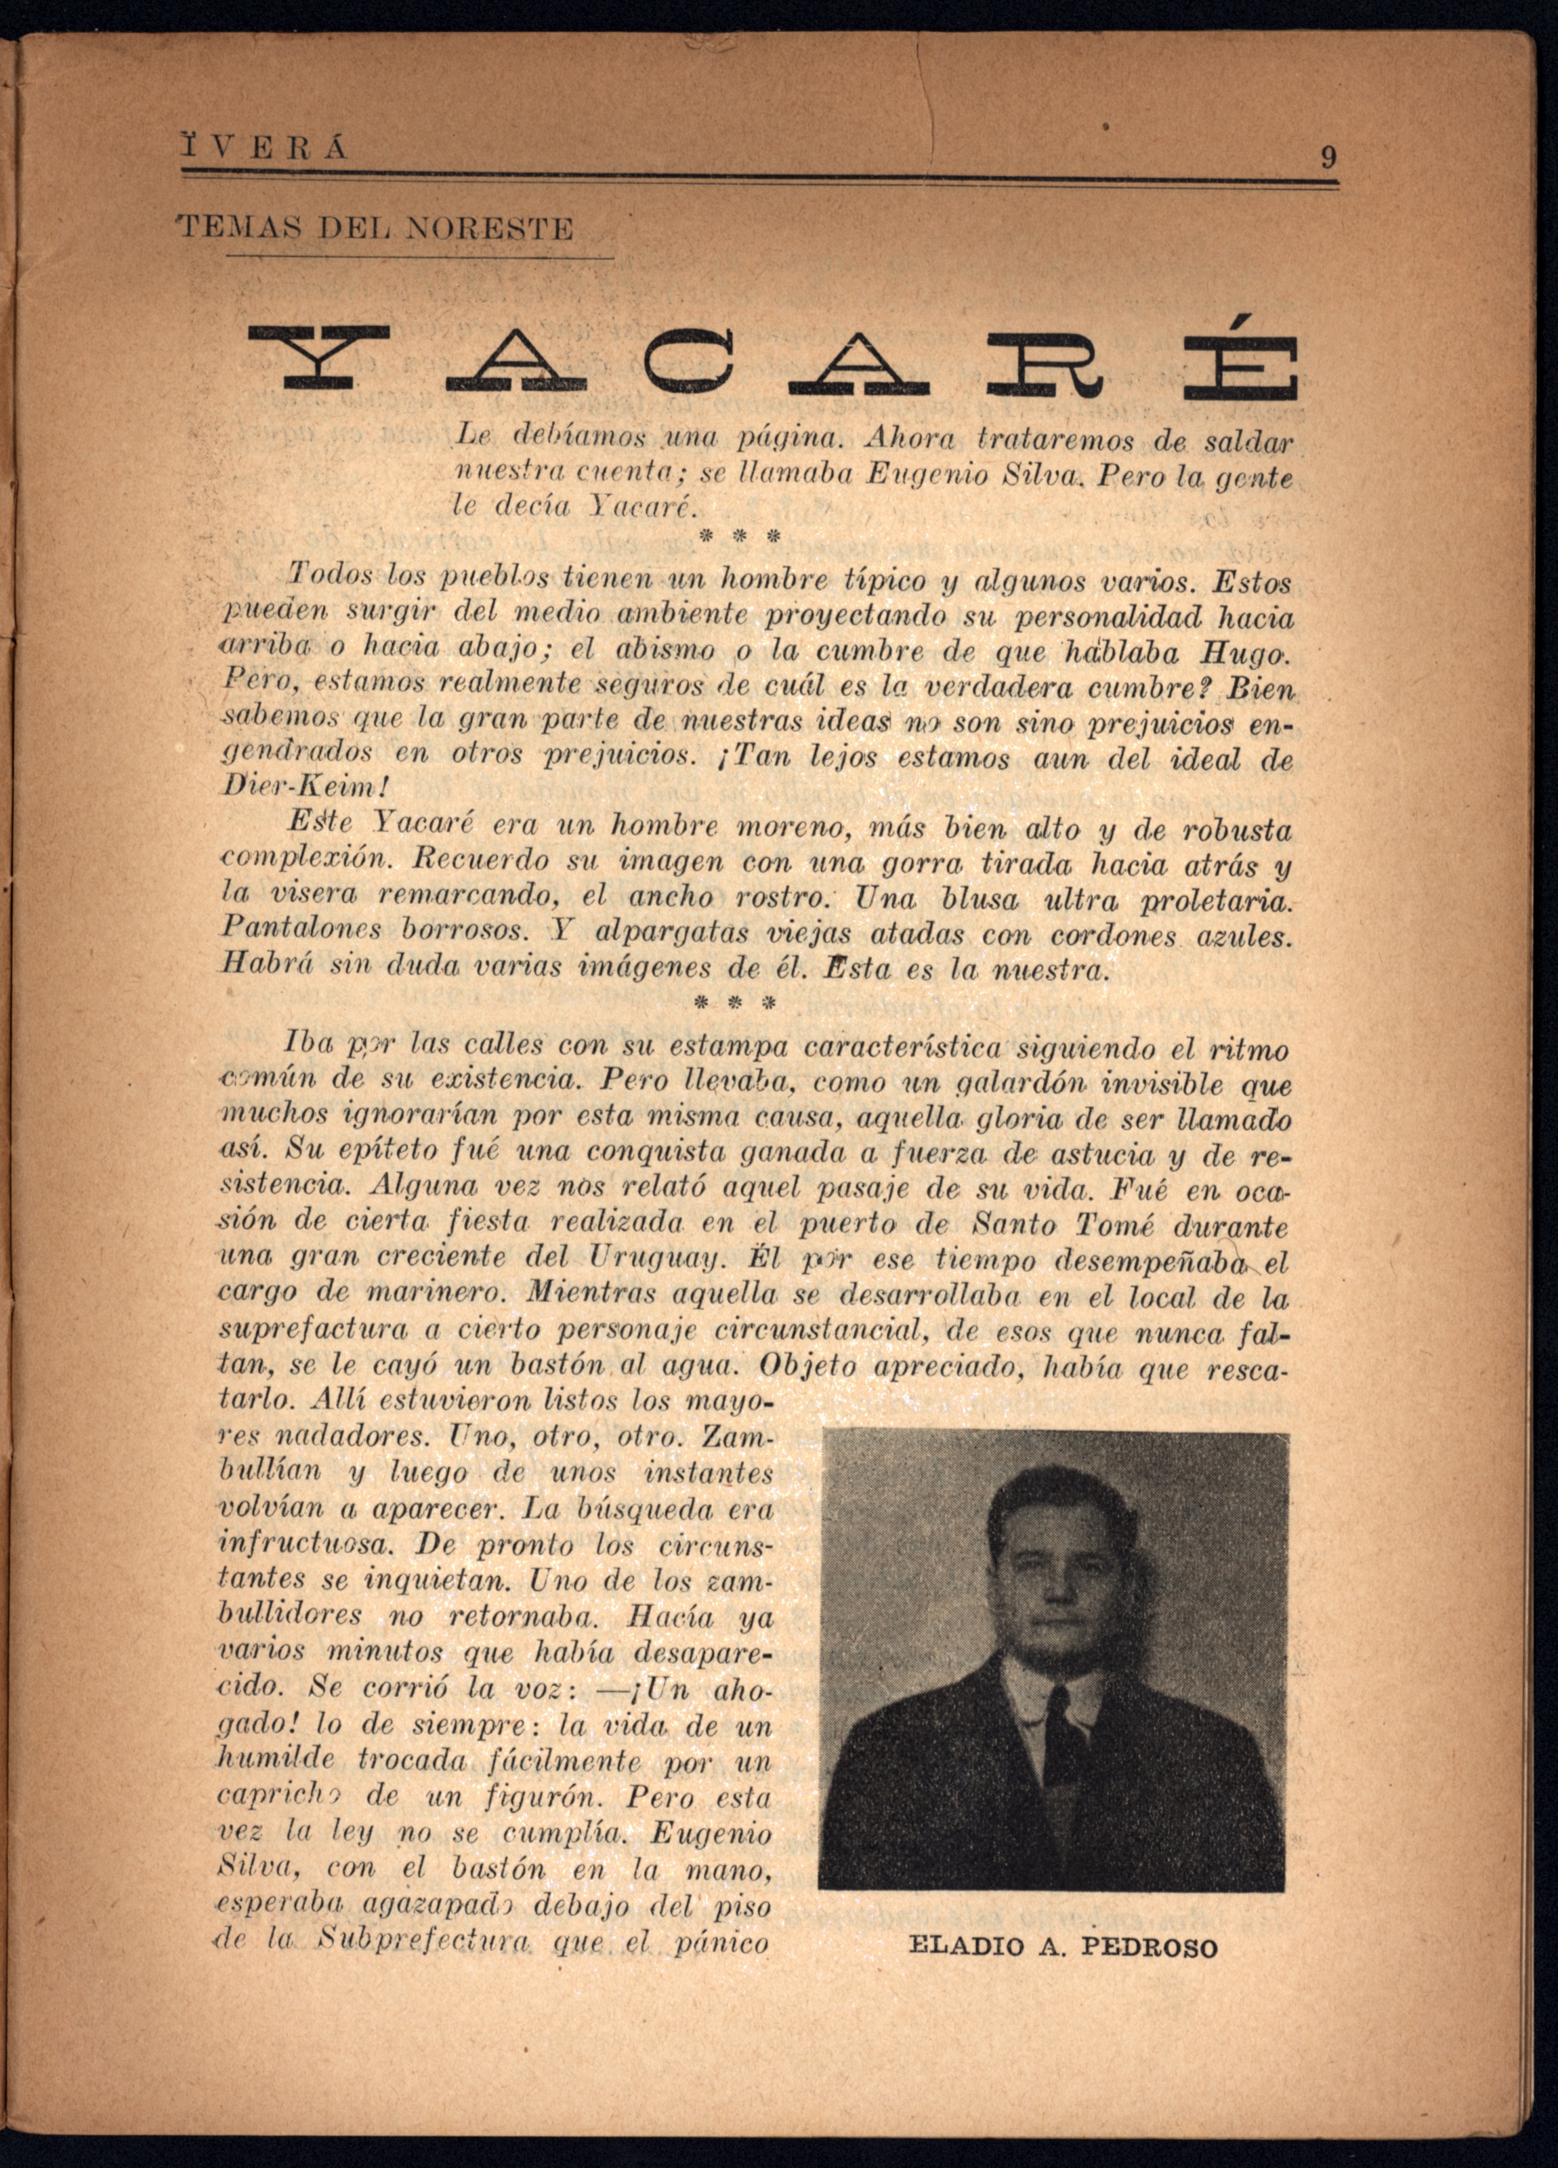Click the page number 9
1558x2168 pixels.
(x=1328, y=156)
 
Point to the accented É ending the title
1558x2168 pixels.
(x=1251, y=356)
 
